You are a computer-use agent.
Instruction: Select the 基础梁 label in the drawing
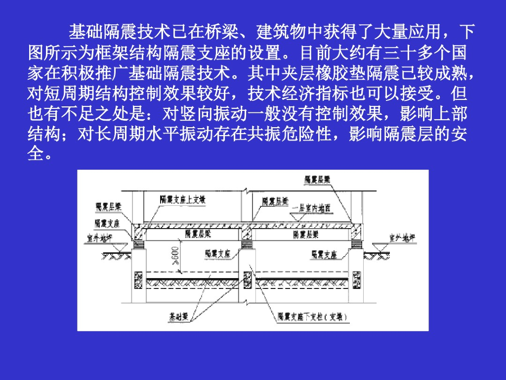(178, 315)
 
